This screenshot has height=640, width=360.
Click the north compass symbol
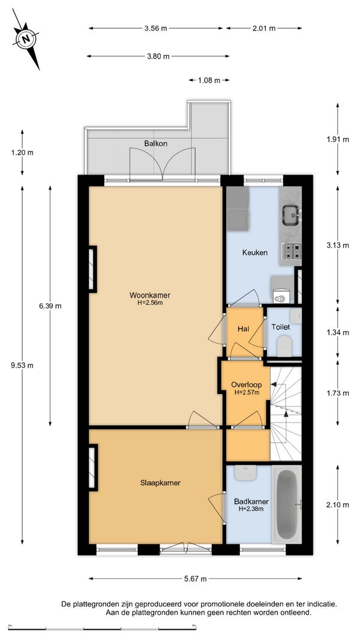[x=26, y=39]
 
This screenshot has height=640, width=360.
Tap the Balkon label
[x=155, y=144]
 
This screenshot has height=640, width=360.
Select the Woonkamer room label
[x=150, y=295]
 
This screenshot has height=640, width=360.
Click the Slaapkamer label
[x=160, y=483]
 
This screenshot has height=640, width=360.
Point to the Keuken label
[x=254, y=253]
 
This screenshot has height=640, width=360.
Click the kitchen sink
[x=292, y=214]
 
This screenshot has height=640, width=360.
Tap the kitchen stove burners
[x=292, y=251]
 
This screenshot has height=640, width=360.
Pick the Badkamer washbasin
[x=245, y=473]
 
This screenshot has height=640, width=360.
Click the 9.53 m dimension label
[x=22, y=365]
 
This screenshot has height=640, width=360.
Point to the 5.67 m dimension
[x=195, y=578]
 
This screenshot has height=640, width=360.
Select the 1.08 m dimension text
[x=209, y=80]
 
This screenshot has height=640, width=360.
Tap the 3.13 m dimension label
[x=338, y=245]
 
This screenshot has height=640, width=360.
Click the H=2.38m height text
[x=251, y=509]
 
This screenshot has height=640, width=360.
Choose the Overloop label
[x=246, y=384]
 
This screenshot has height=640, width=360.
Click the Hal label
[x=244, y=329]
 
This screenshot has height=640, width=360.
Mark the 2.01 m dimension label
[x=264, y=28]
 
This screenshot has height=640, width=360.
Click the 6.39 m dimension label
[x=50, y=306]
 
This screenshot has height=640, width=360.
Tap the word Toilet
[x=281, y=327]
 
